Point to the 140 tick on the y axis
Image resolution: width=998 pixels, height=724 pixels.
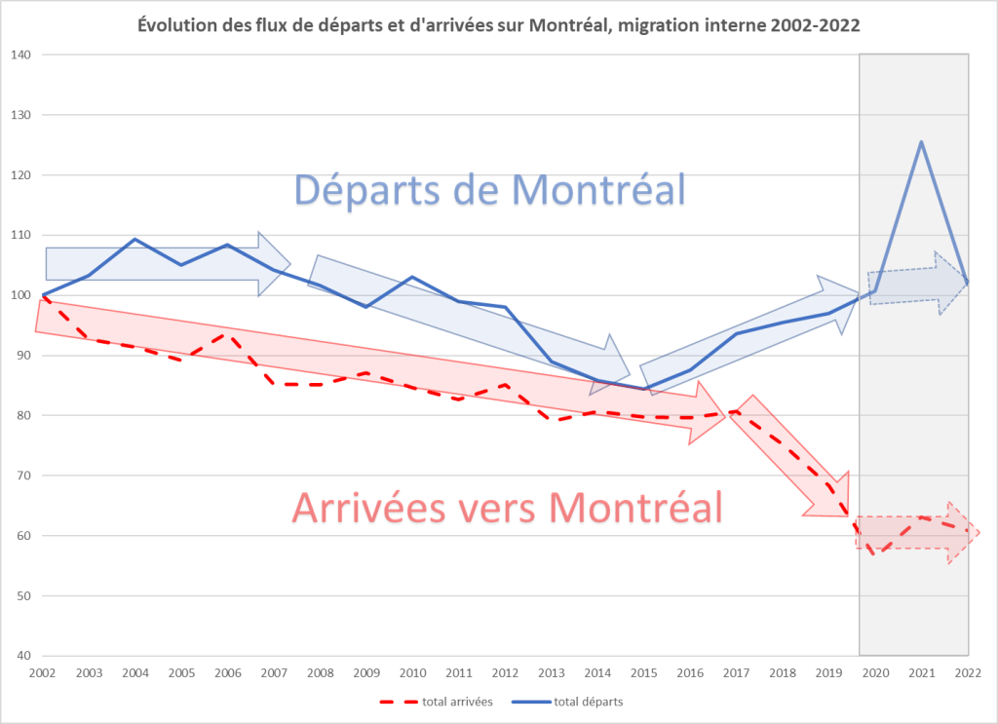click(21, 56)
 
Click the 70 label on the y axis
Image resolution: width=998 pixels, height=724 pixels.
click(21, 476)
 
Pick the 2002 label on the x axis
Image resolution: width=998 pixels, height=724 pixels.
click(43, 672)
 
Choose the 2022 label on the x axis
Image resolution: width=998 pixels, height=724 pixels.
click(968, 672)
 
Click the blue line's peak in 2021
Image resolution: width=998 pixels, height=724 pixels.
click(921, 142)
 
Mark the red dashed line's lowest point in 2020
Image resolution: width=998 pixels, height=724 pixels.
click(875, 553)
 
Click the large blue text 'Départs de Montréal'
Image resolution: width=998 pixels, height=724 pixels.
click(489, 189)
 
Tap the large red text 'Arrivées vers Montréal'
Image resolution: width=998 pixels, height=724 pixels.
click(507, 507)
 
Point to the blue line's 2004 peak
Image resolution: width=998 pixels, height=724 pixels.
click(134, 239)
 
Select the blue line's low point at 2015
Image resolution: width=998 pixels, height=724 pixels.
click(643, 389)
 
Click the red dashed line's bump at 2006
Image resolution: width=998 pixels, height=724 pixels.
click(227, 334)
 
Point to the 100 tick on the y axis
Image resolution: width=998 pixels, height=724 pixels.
click(21, 295)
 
